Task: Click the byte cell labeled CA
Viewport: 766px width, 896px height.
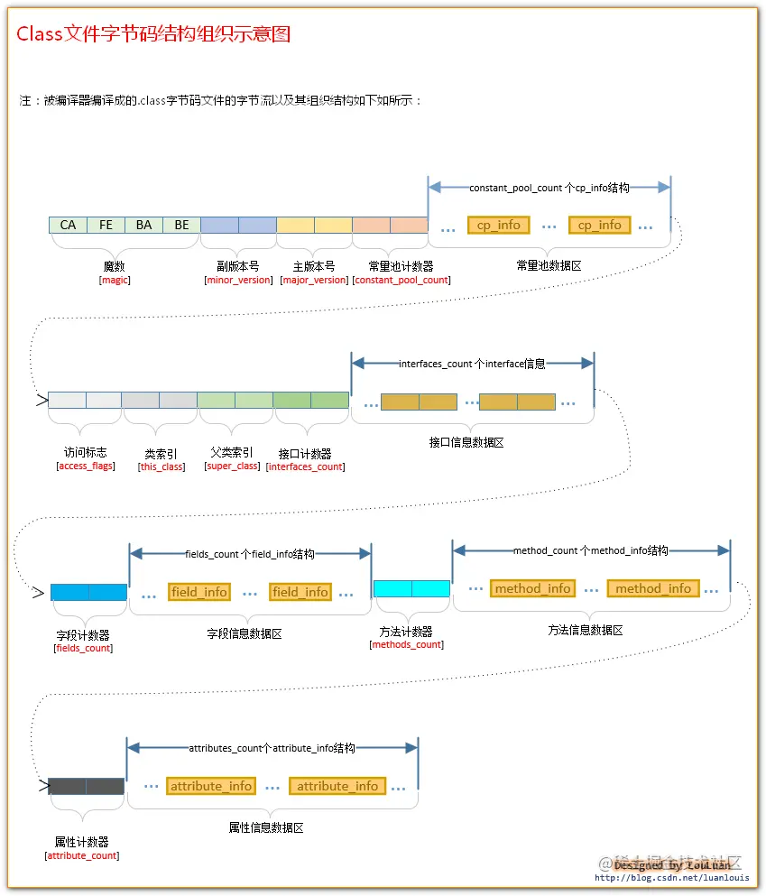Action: (x=68, y=225)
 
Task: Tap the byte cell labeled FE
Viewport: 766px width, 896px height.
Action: (x=106, y=225)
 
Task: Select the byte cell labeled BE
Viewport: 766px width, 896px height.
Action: (x=181, y=225)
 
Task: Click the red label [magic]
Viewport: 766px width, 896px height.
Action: (x=115, y=280)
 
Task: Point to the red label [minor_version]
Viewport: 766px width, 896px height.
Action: (x=239, y=280)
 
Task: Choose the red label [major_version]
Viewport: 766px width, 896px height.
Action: (x=314, y=280)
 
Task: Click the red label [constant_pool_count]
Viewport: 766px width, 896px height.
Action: (x=401, y=280)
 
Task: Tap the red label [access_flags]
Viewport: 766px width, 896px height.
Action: (x=85, y=466)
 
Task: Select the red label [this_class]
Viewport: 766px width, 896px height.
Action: (x=162, y=466)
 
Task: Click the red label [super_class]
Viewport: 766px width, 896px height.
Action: (x=233, y=466)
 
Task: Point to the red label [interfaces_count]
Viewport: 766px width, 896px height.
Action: (x=305, y=466)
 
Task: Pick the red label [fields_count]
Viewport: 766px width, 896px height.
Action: (x=84, y=648)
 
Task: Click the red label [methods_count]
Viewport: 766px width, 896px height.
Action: (x=406, y=644)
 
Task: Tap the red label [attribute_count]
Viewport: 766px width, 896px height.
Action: (x=82, y=854)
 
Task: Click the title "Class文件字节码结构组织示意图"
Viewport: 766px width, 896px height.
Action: (x=153, y=34)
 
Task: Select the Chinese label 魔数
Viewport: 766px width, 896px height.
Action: (x=115, y=267)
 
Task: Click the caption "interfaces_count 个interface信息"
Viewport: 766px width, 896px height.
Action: (x=472, y=364)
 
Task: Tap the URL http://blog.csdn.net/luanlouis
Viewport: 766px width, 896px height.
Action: (x=671, y=877)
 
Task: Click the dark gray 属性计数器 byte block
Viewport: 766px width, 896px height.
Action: (x=86, y=786)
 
